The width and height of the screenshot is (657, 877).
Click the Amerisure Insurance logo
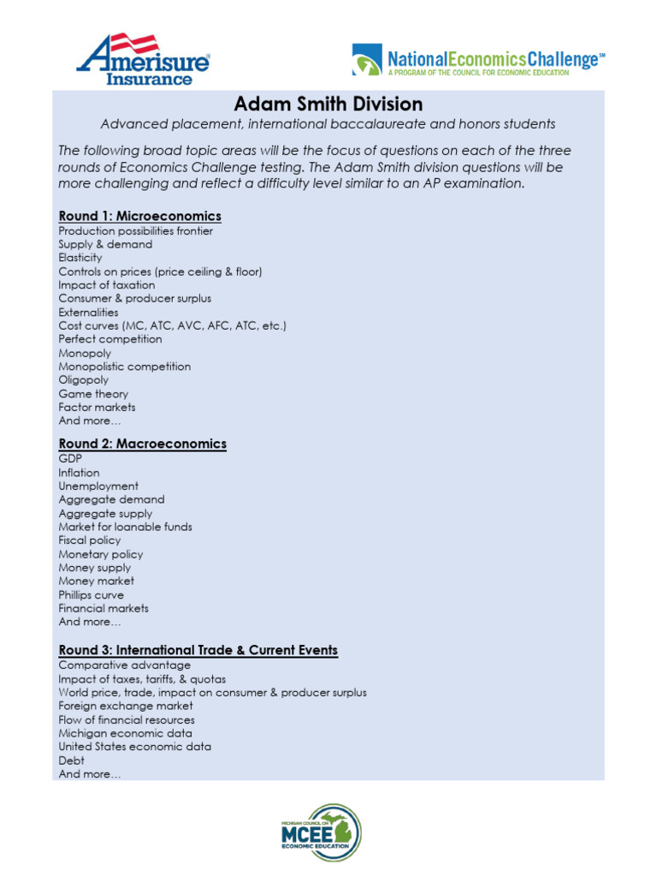(x=143, y=60)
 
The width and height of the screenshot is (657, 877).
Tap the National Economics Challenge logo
(x=478, y=61)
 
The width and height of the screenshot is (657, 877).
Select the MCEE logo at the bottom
(x=322, y=832)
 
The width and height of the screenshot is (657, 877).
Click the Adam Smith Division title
(x=328, y=104)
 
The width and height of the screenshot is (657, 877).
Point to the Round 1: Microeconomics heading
(x=139, y=216)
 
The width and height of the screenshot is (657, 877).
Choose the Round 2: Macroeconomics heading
(x=142, y=444)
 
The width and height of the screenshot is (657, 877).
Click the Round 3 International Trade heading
(x=198, y=650)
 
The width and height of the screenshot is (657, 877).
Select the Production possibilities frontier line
(x=135, y=230)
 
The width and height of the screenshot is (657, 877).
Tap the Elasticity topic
(x=80, y=258)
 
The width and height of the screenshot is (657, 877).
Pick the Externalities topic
(x=88, y=313)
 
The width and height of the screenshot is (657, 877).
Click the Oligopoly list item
(x=84, y=380)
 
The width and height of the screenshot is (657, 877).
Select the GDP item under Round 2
(x=70, y=459)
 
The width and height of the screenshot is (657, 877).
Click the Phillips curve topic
(x=91, y=595)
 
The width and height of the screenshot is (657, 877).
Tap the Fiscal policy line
(x=90, y=540)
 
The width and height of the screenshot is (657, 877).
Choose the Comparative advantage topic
(x=124, y=665)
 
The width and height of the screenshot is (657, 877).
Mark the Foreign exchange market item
(x=126, y=707)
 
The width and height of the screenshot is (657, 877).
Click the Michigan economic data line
(x=125, y=734)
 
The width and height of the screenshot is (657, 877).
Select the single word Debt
(x=72, y=761)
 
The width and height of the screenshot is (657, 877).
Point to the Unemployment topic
(x=98, y=486)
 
